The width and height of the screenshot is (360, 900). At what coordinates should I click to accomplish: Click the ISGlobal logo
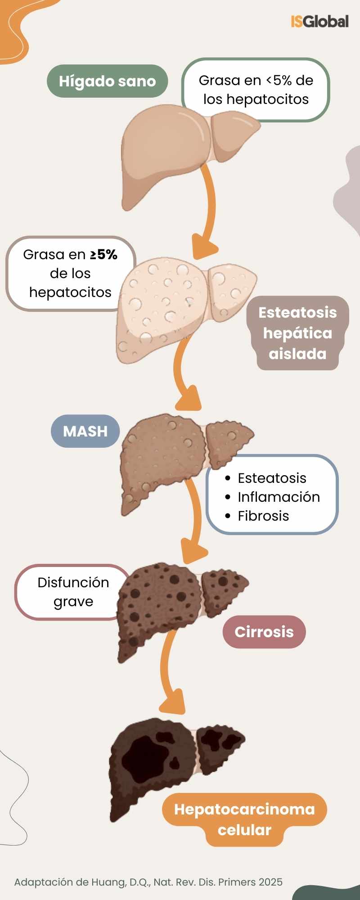point(319,21)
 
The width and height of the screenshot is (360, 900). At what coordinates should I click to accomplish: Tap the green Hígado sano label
point(107,81)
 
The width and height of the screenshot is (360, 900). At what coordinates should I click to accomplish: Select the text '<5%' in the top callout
point(279,80)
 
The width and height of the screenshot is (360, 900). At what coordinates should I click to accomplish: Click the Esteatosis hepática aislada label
point(297,333)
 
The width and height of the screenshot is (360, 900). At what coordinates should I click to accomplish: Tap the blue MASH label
point(85,431)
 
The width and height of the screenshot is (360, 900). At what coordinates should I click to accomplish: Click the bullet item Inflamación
point(279,497)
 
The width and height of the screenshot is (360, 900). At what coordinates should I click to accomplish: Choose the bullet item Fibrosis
point(263,516)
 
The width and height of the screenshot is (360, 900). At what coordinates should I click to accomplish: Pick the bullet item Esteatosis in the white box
point(272,478)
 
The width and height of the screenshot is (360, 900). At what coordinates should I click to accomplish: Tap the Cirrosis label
point(264,632)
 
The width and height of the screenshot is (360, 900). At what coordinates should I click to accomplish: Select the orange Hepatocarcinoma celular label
point(244,819)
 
